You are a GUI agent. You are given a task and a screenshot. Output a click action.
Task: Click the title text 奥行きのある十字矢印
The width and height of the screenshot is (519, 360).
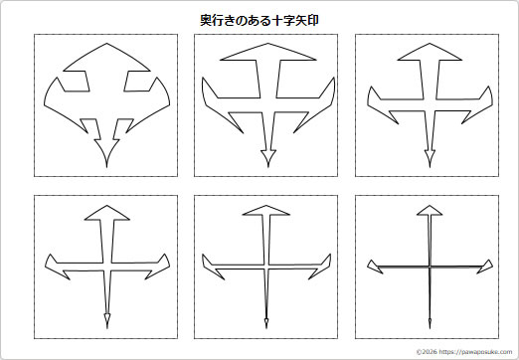259,19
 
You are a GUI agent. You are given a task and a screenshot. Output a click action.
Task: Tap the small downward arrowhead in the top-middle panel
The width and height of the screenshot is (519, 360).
266,156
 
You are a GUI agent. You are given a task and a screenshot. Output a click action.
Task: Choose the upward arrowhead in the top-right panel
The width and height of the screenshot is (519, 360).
430,52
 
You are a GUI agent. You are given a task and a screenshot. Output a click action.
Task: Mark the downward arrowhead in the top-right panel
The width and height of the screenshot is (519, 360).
431,156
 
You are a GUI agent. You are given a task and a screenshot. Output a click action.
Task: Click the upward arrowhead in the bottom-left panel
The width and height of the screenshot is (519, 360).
104,212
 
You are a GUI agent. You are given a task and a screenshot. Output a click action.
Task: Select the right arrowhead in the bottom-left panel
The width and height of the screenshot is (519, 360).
159,268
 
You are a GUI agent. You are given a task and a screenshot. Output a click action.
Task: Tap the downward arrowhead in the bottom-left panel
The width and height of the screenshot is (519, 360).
105,318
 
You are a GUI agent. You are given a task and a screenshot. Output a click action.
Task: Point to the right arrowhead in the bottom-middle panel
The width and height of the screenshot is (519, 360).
322,265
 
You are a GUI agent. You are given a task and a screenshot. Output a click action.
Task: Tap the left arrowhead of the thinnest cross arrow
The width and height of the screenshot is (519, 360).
374,266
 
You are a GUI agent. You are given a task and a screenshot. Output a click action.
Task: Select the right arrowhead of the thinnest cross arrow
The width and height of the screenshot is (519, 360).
485,266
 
